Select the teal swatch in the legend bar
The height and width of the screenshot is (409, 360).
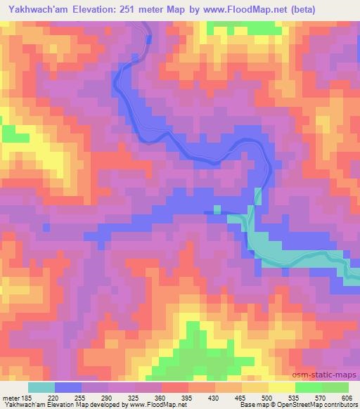pos(41,387)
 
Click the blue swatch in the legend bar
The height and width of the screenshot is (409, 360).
pos(68,387)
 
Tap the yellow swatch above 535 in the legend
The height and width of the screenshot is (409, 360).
pos(282,387)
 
